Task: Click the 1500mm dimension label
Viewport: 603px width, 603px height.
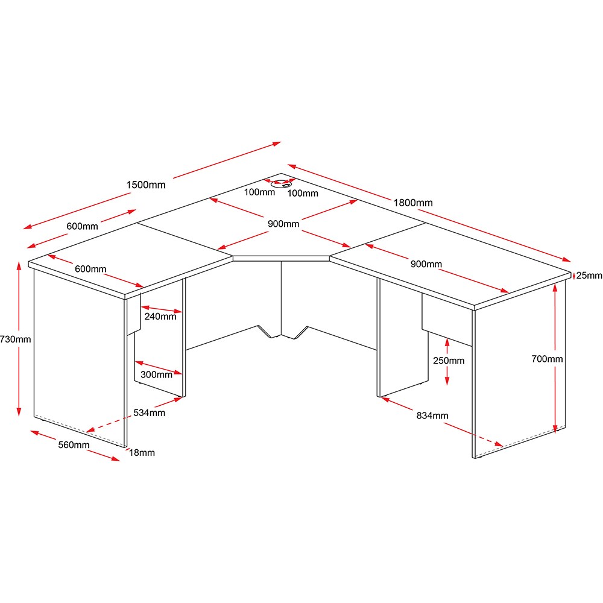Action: (146, 185)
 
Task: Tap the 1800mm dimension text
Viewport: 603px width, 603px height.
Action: (413, 203)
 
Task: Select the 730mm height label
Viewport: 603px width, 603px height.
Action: (16, 339)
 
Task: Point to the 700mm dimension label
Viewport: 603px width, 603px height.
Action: (547, 359)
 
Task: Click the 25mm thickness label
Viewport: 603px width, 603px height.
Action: (589, 276)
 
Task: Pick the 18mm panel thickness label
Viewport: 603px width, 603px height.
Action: (142, 453)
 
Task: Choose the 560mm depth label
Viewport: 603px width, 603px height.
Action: (74, 445)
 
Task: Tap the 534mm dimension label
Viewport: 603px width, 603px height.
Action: (149, 412)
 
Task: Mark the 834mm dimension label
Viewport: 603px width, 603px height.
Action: (432, 415)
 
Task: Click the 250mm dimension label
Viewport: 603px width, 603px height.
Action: (449, 361)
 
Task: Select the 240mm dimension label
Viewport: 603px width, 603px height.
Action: (160, 317)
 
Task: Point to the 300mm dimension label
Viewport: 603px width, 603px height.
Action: (156, 374)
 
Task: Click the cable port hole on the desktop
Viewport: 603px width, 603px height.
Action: (281, 185)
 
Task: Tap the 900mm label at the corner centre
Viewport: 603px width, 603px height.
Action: (283, 224)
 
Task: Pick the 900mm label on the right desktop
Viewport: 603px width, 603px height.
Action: (426, 264)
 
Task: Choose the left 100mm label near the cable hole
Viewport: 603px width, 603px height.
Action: (259, 192)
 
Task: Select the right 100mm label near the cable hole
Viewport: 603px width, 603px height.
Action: (303, 194)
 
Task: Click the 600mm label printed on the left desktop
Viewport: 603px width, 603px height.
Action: (90, 269)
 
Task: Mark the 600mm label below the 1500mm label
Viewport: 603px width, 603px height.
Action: (82, 226)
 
